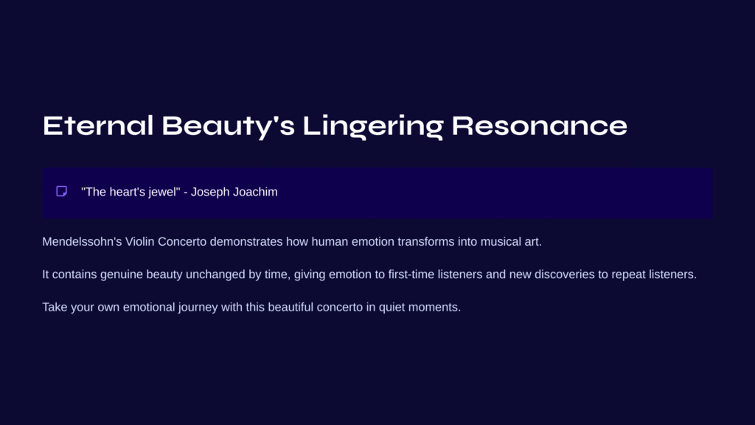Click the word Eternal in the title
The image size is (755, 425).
[98, 125]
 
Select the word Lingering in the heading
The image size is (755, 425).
[372, 127]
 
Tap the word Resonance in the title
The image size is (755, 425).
[539, 125]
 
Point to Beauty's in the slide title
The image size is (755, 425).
[229, 127]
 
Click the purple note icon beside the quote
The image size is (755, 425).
[62, 191]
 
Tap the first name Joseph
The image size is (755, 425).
[210, 192]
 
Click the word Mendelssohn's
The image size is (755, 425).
[82, 241]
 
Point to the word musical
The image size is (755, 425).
[501, 241]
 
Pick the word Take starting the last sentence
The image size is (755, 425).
[55, 307]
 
